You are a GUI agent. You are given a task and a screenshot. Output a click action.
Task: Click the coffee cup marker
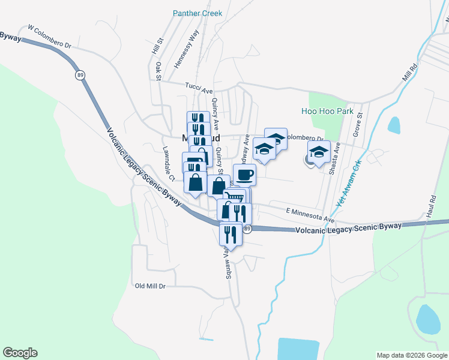[244, 175]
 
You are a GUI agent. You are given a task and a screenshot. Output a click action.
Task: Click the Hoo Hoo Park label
[327, 111]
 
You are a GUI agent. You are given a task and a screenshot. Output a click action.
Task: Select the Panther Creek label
[197, 13]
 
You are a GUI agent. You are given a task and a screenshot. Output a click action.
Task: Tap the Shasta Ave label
[334, 158]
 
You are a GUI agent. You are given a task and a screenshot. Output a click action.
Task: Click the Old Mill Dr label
[150, 286]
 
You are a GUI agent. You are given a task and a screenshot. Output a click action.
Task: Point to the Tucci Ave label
[199, 89]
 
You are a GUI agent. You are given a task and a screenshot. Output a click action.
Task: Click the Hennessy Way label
[185, 49]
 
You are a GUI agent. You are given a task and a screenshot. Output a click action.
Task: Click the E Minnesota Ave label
[310, 212]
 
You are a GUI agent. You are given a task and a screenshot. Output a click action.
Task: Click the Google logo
[20, 353]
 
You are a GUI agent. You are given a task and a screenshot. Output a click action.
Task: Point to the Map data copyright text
[412, 355]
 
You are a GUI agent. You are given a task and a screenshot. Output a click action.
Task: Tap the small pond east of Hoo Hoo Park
[394, 125]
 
